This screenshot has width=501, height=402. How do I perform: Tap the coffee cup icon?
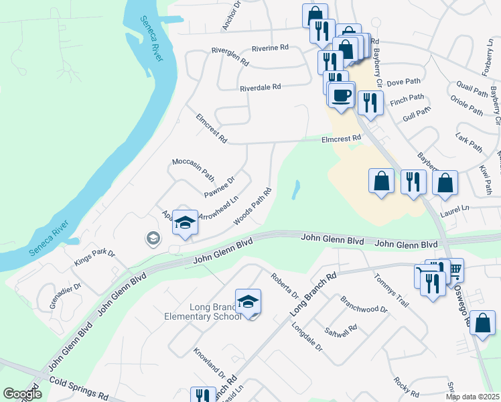tap(342, 94)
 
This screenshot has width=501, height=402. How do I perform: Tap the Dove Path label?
tap(403, 82)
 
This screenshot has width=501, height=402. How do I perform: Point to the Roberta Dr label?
tap(285, 285)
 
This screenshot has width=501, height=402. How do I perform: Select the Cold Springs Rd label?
tap(78, 388)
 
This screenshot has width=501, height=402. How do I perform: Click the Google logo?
tap(23, 394)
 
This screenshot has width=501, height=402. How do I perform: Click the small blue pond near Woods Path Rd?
tap(295, 190)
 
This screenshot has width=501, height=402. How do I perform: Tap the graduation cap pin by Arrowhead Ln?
tap(185, 223)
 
